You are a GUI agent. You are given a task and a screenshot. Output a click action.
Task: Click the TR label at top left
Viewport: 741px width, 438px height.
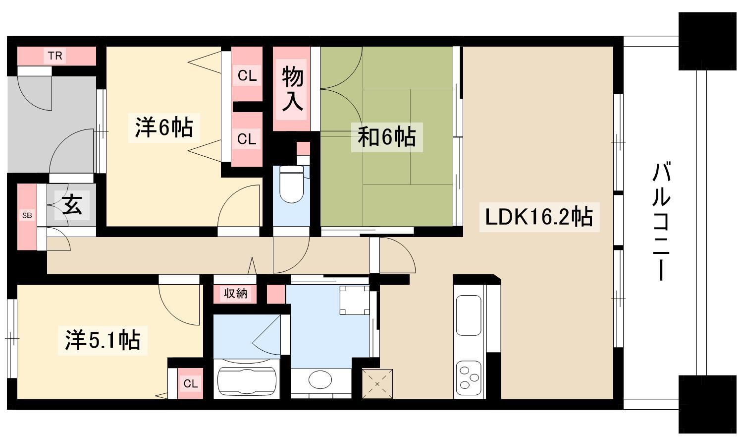coord(55,56)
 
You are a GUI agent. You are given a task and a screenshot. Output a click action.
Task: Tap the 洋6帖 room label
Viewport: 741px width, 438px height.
coord(164,127)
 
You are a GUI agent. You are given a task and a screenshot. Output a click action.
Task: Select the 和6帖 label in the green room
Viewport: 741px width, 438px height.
coord(387,137)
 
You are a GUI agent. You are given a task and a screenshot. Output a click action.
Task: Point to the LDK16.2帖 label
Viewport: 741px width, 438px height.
coord(539,217)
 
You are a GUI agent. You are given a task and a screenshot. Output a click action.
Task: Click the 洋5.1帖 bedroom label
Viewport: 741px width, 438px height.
coord(103,340)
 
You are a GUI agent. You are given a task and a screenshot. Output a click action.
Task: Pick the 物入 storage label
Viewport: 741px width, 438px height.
coord(292,88)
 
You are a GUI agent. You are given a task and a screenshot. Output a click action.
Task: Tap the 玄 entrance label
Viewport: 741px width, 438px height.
coord(72,205)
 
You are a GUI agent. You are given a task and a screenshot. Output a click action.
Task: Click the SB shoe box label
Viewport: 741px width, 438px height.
coord(27,216)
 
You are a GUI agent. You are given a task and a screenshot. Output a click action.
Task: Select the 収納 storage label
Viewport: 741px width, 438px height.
coord(235,293)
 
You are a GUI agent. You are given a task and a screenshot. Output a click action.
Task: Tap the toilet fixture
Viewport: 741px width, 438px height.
coord(291,184)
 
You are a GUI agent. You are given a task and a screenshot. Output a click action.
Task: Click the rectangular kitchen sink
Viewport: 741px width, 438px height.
coord(469,315)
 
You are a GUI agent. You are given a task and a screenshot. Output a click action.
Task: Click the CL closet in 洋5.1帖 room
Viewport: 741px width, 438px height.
coord(191,383)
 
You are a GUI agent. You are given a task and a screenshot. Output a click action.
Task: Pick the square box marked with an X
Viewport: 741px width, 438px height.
coord(377,383)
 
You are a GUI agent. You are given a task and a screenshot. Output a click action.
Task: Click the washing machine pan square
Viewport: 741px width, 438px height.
coord(355,300)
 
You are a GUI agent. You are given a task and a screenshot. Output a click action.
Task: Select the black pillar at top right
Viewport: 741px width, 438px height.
coord(708,41)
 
